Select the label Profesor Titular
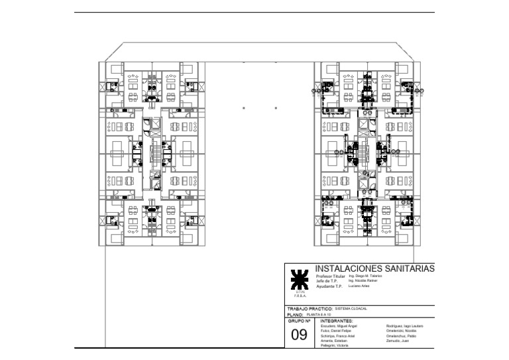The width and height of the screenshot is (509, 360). [x=331, y=275]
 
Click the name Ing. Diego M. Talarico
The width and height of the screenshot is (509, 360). [x=365, y=275]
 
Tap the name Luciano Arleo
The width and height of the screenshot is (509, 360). [x=359, y=286]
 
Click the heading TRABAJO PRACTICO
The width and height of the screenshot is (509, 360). [x=309, y=308]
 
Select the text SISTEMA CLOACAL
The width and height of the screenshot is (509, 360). [x=351, y=308]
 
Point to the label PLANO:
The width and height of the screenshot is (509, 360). [x=295, y=314]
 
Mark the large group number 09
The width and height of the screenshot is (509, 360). [x=299, y=335]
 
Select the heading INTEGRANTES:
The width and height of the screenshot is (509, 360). [x=336, y=320]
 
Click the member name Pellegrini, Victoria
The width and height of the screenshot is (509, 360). [x=335, y=346]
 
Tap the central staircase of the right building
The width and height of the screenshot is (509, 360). [x=365, y=153]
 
